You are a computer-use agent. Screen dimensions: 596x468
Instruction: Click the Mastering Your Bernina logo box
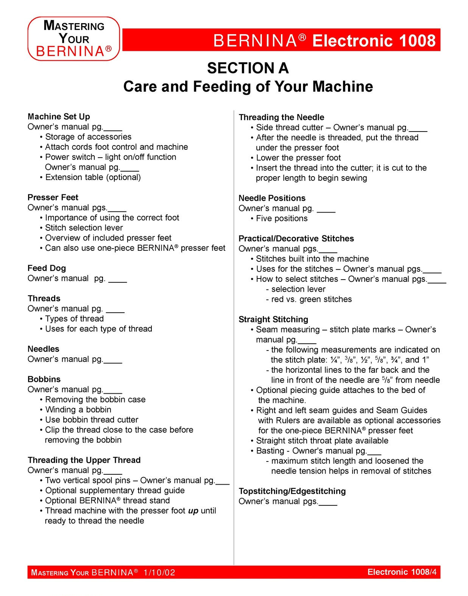click(74, 39)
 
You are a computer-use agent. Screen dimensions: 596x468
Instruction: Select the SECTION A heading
click(248, 68)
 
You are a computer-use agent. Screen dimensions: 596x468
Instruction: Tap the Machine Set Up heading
click(59, 117)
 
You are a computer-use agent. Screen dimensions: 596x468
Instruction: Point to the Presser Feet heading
click(53, 197)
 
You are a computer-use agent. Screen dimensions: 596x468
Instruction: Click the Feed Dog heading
click(47, 268)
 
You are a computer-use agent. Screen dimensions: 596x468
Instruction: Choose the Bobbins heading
click(44, 379)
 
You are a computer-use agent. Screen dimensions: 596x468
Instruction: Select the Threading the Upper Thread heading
click(84, 460)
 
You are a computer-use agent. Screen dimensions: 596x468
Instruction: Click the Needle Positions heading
click(272, 198)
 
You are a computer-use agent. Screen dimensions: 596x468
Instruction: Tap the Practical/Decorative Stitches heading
click(296, 239)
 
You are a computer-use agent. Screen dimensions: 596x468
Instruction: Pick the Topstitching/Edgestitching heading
click(292, 491)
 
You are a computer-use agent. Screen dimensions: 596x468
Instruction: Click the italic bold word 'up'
click(193, 511)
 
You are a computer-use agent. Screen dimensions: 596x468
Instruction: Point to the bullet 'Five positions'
click(282, 219)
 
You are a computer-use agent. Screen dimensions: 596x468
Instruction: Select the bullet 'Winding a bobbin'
click(78, 410)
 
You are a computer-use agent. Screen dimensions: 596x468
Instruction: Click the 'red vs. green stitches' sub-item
click(311, 299)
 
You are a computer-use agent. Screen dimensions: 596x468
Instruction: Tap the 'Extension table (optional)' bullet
click(93, 177)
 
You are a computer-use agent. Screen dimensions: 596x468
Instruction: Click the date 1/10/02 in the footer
click(159, 572)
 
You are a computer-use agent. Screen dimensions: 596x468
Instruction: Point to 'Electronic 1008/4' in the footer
click(402, 572)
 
